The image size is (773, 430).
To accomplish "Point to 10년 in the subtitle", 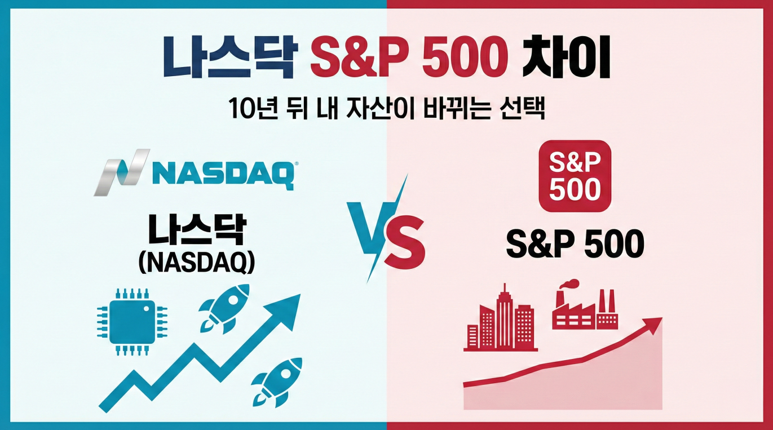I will pyautogui.click(x=253, y=109).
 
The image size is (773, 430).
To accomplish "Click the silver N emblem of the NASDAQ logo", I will pyautogui.click(x=121, y=172).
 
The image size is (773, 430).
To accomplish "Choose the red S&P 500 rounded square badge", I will pyautogui.click(x=575, y=176).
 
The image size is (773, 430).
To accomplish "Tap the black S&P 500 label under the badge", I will pyautogui.click(x=575, y=245).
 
